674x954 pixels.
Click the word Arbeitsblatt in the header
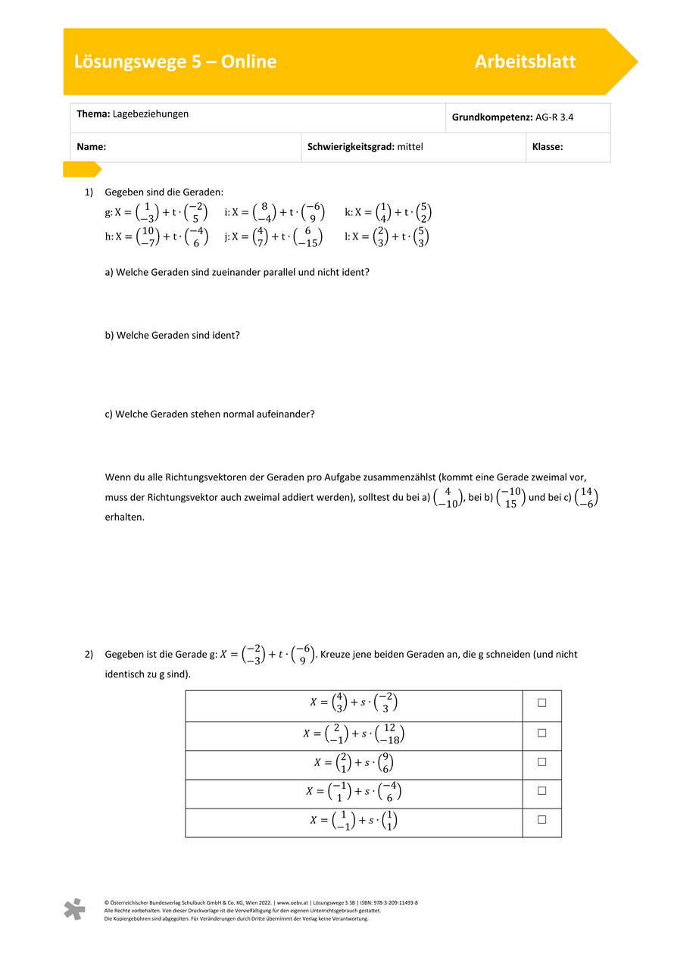(525, 62)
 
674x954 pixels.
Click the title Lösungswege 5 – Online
(175, 62)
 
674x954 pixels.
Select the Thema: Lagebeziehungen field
(133, 114)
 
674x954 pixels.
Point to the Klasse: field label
(548, 147)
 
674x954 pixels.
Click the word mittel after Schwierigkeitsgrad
(410, 147)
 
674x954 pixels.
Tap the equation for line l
(388, 236)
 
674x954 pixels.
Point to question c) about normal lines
(209, 414)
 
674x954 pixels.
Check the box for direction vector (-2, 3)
(542, 703)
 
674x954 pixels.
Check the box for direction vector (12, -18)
(542, 733)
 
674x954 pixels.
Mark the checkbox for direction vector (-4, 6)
(542, 791)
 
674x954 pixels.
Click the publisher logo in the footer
(74, 909)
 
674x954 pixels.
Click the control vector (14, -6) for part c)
(586, 499)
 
